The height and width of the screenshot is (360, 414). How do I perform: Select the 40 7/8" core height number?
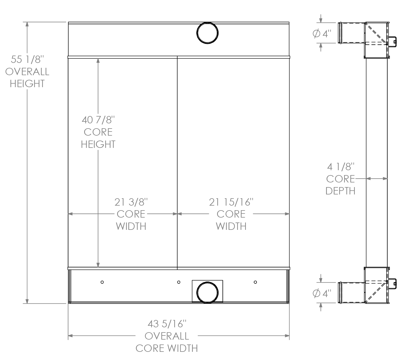coord(98,120)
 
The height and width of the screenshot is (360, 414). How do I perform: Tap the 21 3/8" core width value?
coord(131,202)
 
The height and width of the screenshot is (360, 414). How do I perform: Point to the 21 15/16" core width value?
coord(231,202)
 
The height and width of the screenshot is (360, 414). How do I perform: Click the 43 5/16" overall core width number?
coord(167,324)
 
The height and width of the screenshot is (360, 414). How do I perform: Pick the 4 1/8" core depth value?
coord(340,166)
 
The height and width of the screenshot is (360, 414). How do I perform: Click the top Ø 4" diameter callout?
coord(322,34)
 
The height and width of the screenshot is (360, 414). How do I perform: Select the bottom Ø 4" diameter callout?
coord(322,294)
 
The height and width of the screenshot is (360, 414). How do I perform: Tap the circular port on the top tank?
coord(208,33)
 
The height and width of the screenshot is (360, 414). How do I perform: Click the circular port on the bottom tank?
coord(208,292)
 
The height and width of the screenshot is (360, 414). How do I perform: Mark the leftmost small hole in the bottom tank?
coord(102,282)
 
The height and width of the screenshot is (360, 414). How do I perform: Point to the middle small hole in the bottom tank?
coord(179,282)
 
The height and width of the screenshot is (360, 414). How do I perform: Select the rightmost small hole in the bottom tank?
coord(255,282)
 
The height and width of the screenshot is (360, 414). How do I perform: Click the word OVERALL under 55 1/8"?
coord(27,72)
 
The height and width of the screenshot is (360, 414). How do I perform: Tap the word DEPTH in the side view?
coord(340,191)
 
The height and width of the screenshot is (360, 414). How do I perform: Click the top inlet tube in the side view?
coord(351,33)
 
